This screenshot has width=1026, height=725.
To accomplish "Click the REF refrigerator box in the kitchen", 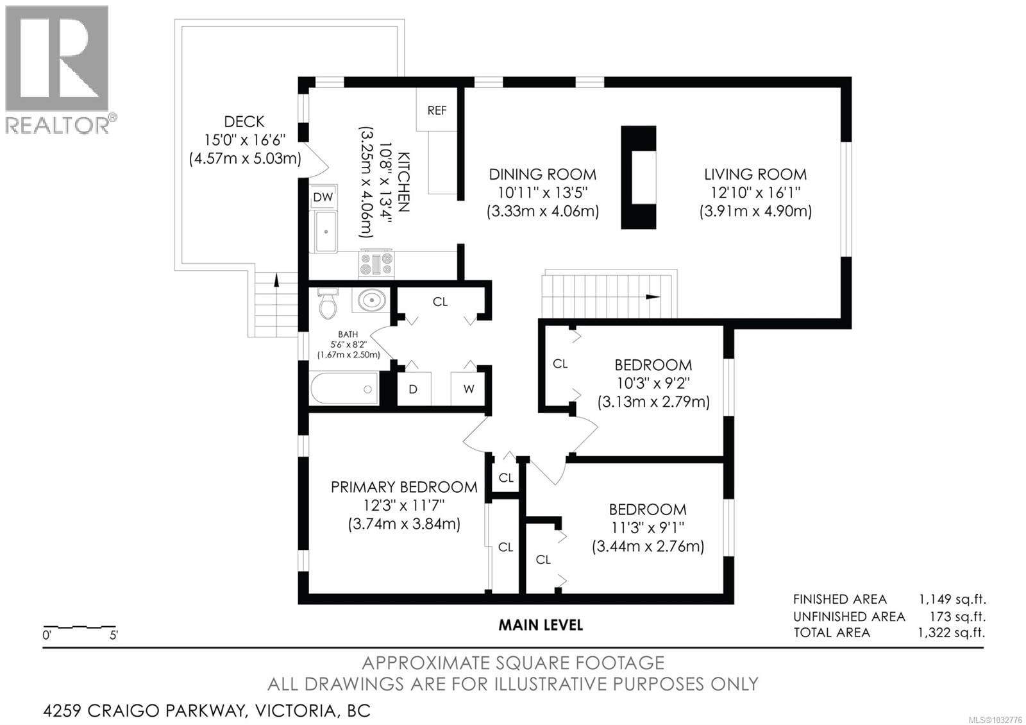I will [437, 110].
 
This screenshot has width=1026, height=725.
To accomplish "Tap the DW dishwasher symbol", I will [323, 197].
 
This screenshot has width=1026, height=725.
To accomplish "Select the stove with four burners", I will [377, 264].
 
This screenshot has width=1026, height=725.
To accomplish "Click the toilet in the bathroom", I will [328, 304].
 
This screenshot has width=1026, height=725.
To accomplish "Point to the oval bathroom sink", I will [372, 300].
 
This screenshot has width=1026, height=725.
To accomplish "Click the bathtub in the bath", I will [344, 389].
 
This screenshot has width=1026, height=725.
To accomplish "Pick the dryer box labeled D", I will [414, 389].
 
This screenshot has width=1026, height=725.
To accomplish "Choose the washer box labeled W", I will [469, 389].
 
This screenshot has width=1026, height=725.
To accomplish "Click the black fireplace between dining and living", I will [638, 178].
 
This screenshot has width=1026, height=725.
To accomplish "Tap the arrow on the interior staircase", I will [653, 296].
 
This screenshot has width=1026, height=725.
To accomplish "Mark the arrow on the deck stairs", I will [276, 280].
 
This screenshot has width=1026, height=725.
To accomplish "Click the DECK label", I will [244, 121].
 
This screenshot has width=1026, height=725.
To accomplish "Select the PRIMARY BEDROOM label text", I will [404, 487].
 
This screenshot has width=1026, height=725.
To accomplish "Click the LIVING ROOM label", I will [755, 174].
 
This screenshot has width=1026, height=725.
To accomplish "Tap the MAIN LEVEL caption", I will [541, 624].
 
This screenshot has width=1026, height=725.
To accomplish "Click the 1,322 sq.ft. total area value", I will [952, 633].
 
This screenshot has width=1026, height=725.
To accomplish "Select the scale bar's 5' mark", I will [114, 636].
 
